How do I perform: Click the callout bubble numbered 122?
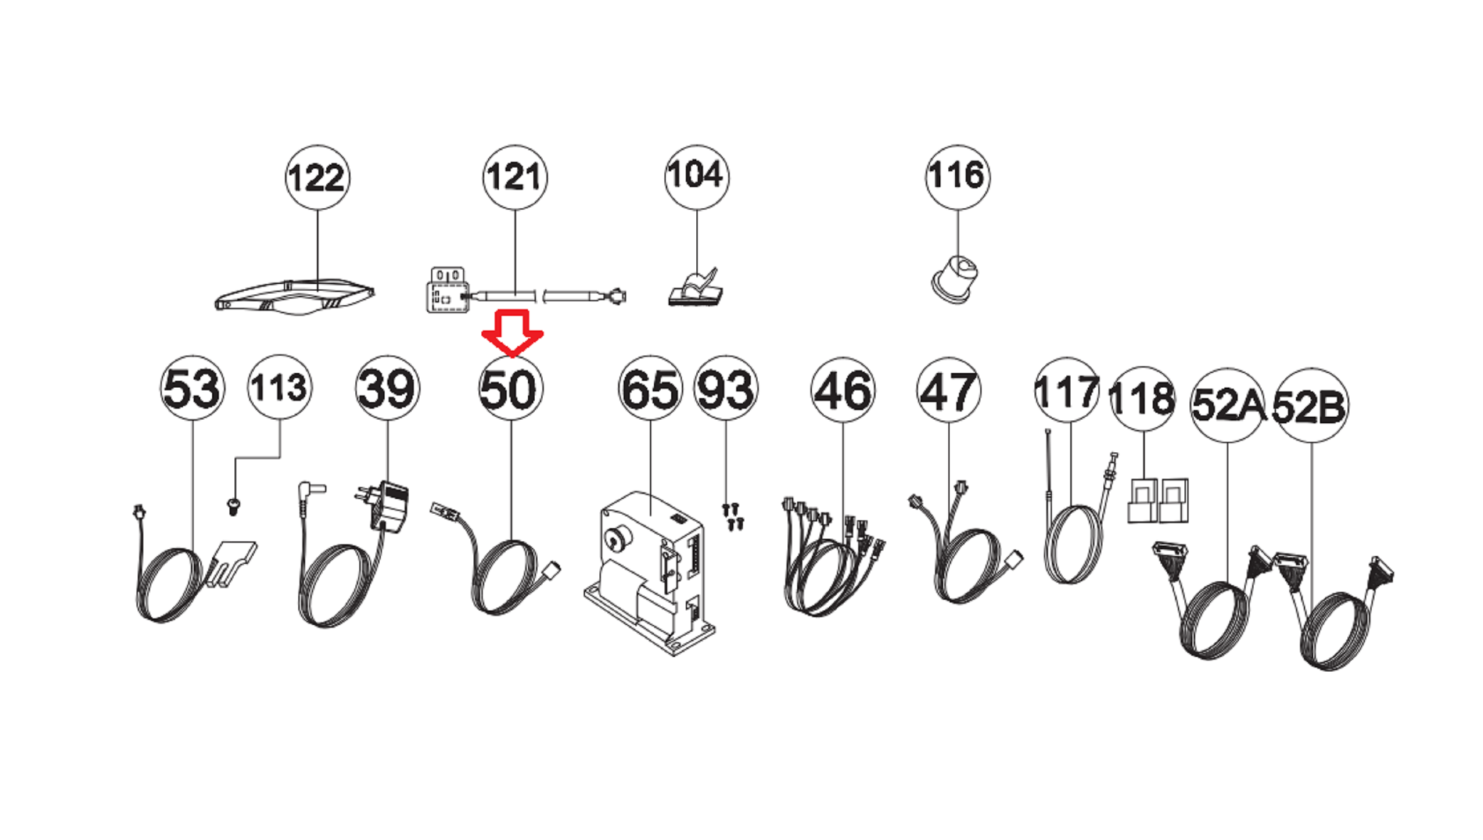pos(317,177)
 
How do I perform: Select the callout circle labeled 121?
pos(515,177)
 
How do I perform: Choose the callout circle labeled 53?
pos(192,387)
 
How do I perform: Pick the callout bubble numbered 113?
pos(280,387)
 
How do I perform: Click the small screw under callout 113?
pos(233,506)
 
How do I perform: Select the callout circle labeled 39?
pos(387,387)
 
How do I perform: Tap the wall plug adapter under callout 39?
pos(385,506)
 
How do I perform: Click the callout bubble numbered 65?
pos(650,389)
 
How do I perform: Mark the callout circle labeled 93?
pos(726,389)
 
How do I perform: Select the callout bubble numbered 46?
pos(843,390)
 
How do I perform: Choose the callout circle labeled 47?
pos(949,390)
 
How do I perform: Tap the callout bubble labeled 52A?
pos(1228,405)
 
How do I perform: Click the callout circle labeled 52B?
pos(1310,406)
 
